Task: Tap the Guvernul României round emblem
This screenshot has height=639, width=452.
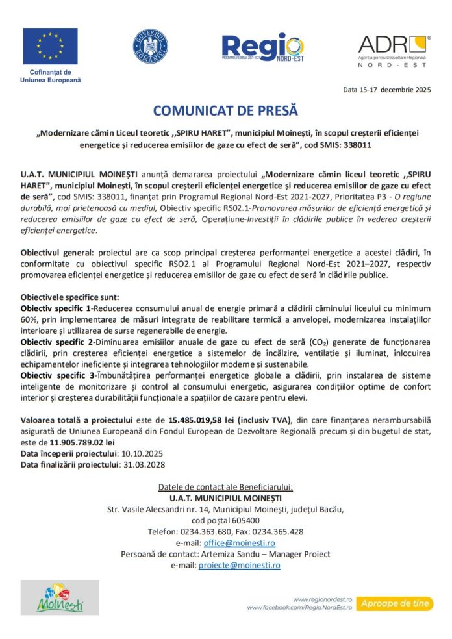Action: click(150, 46)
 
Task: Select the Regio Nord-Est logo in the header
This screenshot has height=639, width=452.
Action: click(262, 47)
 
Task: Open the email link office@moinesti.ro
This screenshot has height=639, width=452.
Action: click(239, 542)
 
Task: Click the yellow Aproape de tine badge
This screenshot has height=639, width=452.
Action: click(394, 603)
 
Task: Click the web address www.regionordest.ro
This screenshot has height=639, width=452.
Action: click(322, 599)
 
